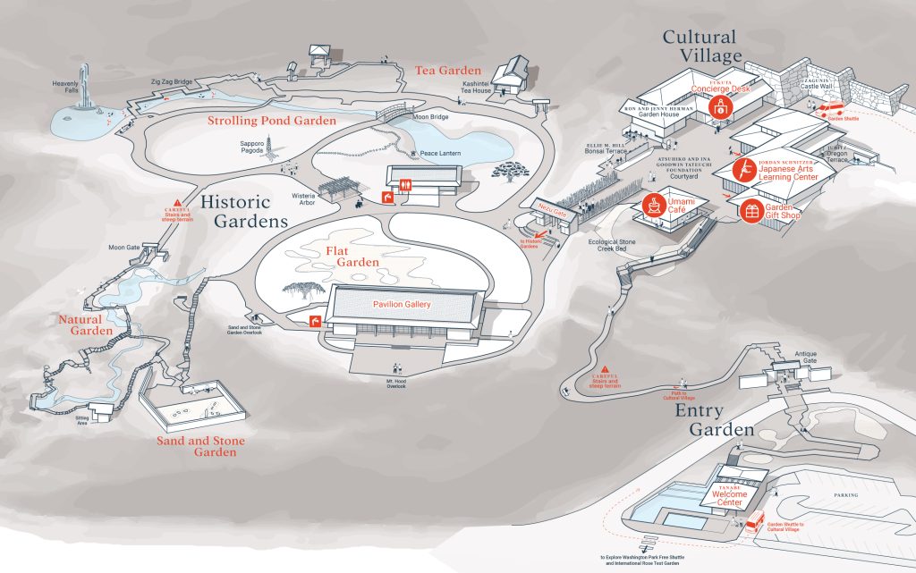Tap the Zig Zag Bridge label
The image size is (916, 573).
pos(171,82)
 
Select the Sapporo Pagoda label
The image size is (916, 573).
pos(252,147)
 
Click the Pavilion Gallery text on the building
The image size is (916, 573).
pos(402,305)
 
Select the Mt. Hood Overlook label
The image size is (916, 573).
pos(394,383)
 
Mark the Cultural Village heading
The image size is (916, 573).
pos(700,46)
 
